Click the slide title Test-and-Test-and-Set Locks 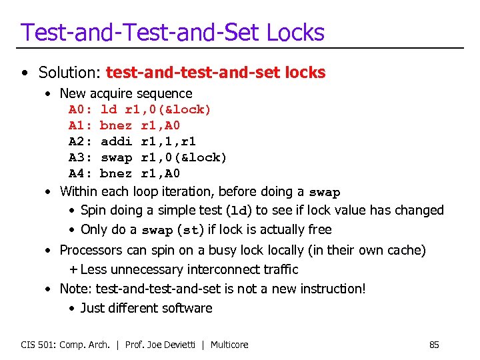click(x=172, y=32)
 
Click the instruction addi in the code click(x=116, y=141)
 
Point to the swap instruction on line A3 click(x=116, y=157)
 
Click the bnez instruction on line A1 click(x=116, y=125)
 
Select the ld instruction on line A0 click(x=108, y=109)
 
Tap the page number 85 click(x=434, y=345)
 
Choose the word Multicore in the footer click(x=229, y=345)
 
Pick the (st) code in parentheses click(x=191, y=230)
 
